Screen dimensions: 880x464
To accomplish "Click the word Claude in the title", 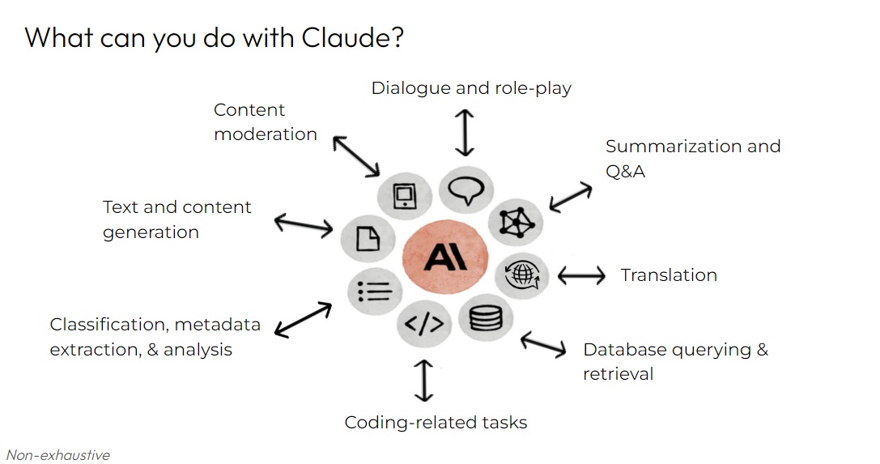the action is [x=352, y=38].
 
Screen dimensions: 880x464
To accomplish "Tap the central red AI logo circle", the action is [x=445, y=257].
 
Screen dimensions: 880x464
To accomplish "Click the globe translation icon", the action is [x=522, y=275].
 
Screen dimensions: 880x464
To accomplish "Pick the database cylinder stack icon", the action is [x=486, y=317].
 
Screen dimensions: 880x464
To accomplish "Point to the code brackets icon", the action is [x=424, y=324].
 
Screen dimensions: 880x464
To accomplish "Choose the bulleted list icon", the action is [x=374, y=292].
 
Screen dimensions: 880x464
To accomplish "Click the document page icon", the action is [x=368, y=238].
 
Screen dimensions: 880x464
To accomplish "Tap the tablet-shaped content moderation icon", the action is [x=405, y=196].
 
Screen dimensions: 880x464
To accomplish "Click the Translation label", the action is [x=669, y=275].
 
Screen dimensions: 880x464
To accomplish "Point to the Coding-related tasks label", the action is [x=436, y=423].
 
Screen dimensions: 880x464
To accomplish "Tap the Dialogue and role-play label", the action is [x=471, y=88].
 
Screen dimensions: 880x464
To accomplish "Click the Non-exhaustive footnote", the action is [x=57, y=454].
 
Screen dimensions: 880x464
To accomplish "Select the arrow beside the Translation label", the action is [x=581, y=275].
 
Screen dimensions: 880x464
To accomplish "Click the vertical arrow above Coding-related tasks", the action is [x=423, y=381].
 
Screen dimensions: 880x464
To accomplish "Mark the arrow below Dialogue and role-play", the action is [x=464, y=133].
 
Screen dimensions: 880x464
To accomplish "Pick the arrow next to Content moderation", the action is [x=356, y=156].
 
